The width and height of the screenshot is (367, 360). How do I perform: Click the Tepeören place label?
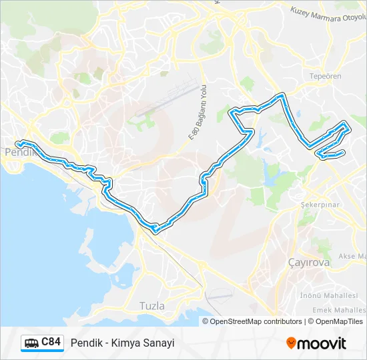click(x=326, y=76)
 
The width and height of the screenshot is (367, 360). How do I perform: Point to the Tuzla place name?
click(x=151, y=305)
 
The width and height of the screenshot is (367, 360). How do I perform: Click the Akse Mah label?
click(x=352, y=255)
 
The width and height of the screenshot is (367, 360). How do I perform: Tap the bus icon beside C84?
click(x=31, y=343)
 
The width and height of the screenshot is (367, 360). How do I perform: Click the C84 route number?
click(x=51, y=343)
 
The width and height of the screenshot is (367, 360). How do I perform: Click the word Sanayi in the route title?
click(x=161, y=343)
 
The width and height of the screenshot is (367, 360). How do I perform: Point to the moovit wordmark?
click(x=323, y=343)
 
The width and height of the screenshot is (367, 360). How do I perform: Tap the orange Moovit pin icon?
click(x=292, y=343)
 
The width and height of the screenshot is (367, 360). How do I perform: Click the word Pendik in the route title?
click(x=85, y=343)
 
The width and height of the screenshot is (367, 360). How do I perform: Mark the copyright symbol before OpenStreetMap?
click(x=206, y=321)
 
